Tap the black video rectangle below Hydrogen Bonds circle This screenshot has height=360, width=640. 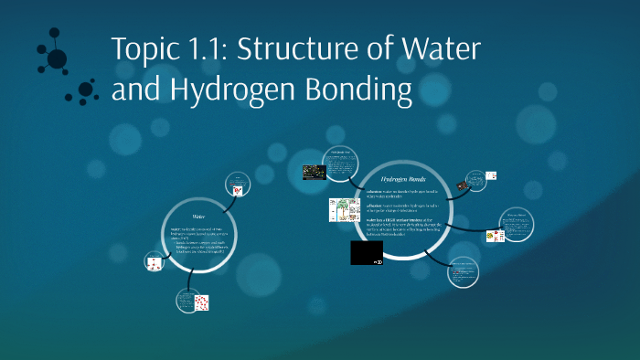tap(367, 252)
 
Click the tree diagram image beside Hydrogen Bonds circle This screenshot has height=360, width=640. tap(342, 212)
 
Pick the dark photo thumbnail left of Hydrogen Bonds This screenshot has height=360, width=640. tap(315, 171)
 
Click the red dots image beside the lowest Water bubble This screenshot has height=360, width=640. tap(201, 302)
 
